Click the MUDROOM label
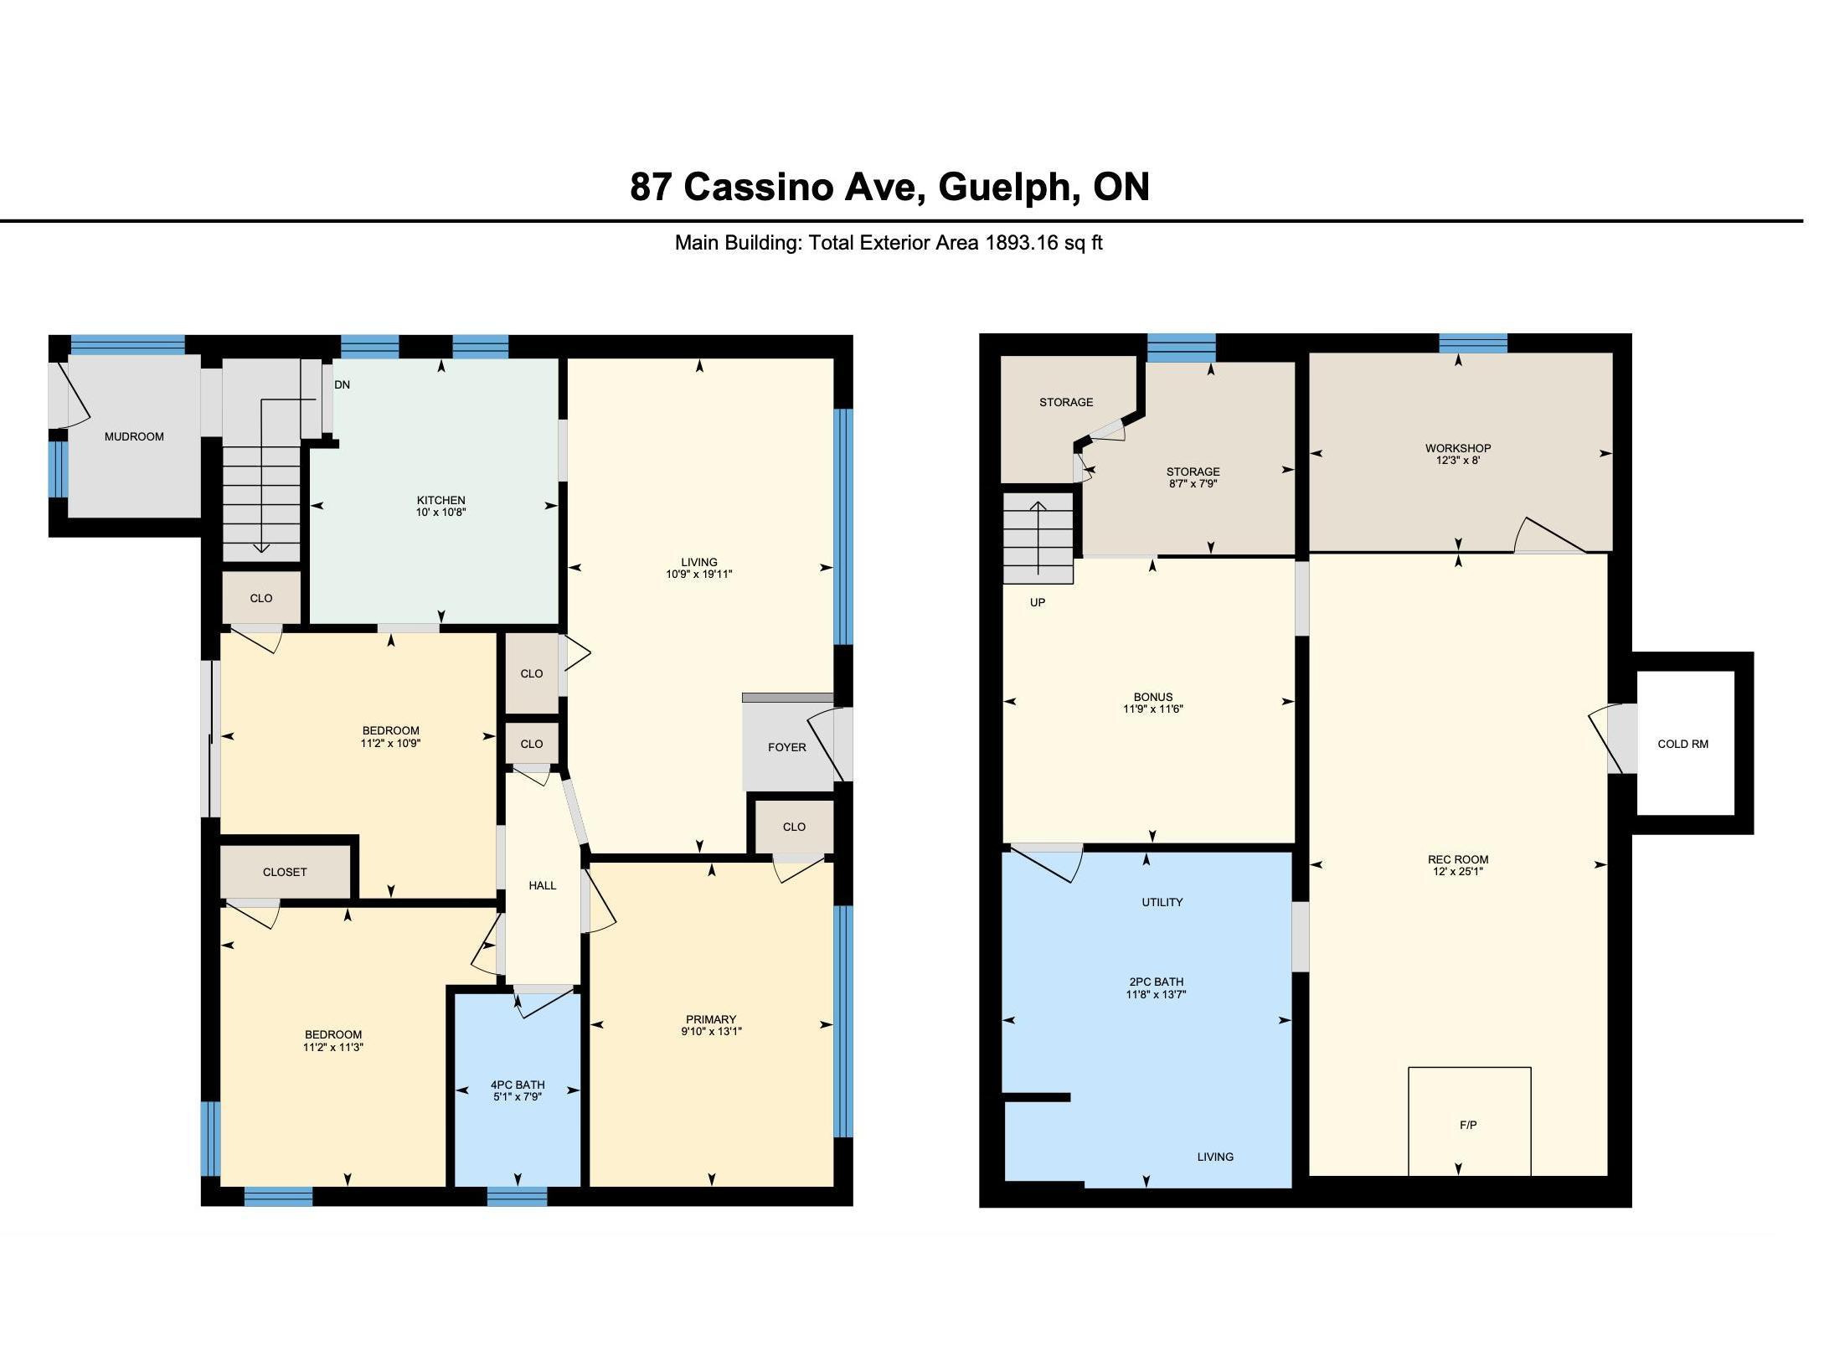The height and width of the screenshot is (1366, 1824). click(x=134, y=436)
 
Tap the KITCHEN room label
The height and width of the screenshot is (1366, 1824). click(x=441, y=500)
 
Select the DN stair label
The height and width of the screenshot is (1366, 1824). click(x=342, y=384)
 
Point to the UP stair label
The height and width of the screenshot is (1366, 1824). click(x=1038, y=602)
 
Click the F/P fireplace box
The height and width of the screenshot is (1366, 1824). click(x=1469, y=1121)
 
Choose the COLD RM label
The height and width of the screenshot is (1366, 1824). click(x=1683, y=744)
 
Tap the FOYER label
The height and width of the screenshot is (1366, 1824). click(x=787, y=747)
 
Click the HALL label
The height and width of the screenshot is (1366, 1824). click(x=543, y=885)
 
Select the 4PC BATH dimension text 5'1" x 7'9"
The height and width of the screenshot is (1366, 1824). click(x=518, y=1096)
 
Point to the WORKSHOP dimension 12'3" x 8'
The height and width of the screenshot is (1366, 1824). click(x=1458, y=460)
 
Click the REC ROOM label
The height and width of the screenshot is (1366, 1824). click(x=1458, y=859)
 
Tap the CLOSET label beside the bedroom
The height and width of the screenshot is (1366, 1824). click(x=285, y=872)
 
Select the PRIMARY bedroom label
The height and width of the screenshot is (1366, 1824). click(x=711, y=1019)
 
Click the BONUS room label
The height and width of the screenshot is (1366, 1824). click(x=1153, y=697)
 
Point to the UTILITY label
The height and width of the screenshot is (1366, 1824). click(x=1162, y=902)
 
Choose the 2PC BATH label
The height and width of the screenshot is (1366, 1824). click(x=1157, y=982)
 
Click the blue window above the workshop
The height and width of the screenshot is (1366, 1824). click(x=1473, y=343)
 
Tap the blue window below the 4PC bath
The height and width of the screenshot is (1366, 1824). click(x=517, y=1197)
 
